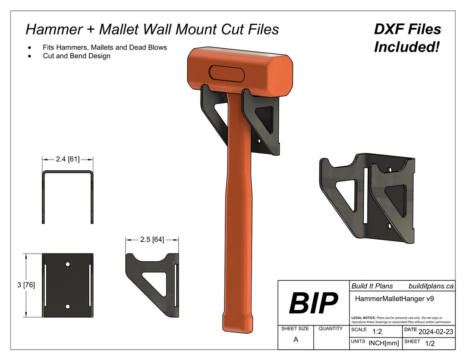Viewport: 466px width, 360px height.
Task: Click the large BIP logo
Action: click(x=313, y=303)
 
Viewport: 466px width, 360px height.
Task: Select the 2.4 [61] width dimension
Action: click(x=68, y=160)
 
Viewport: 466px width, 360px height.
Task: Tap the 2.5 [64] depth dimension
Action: click(x=152, y=240)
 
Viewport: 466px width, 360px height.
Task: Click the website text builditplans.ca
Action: click(x=431, y=286)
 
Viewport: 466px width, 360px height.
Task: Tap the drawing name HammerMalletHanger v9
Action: click(x=390, y=298)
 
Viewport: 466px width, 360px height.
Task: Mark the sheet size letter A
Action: click(x=296, y=340)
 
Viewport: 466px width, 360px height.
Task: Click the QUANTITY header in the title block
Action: click(x=331, y=329)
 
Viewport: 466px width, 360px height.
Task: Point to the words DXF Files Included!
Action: click(x=407, y=38)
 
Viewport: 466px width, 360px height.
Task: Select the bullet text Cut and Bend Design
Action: click(x=76, y=56)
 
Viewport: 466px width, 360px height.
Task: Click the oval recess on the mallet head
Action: click(x=227, y=73)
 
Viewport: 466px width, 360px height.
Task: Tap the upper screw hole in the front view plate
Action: click(x=68, y=263)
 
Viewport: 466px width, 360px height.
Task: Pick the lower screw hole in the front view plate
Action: click(x=68, y=306)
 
